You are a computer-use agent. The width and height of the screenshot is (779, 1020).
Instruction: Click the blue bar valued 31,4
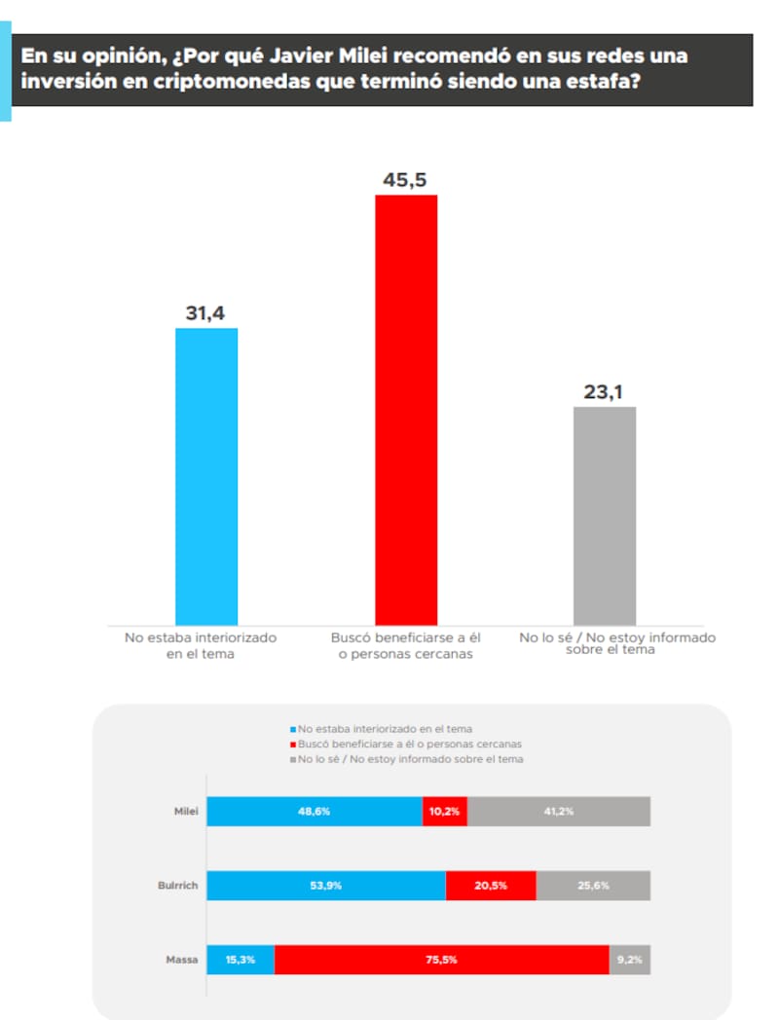(206, 476)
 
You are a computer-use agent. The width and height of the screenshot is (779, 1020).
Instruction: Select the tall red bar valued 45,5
(406, 409)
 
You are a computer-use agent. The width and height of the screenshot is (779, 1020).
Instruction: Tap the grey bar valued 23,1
(605, 515)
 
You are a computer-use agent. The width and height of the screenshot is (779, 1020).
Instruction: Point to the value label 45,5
(406, 180)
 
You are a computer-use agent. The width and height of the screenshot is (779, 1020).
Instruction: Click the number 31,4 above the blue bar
(206, 313)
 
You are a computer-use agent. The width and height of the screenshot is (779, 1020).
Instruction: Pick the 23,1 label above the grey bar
(605, 392)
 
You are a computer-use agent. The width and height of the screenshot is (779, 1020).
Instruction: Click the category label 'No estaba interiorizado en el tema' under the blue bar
(201, 645)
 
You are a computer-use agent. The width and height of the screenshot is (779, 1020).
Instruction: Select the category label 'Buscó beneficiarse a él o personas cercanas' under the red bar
(406, 645)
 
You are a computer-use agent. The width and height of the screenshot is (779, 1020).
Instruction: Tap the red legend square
(293, 744)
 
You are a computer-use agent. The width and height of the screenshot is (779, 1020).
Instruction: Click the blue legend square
(293, 728)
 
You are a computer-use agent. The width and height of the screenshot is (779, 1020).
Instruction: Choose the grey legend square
(293, 758)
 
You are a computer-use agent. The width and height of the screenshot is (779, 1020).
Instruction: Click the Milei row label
(182, 811)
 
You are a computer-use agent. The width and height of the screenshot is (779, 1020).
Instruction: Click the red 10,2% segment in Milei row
(445, 811)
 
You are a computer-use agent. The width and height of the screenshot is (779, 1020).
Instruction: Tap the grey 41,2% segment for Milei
(559, 811)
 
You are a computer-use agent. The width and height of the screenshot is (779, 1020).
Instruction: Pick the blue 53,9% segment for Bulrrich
(326, 885)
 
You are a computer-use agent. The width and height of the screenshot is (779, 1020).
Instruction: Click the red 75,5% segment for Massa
(441, 960)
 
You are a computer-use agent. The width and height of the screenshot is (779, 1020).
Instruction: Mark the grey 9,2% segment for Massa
(630, 960)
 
